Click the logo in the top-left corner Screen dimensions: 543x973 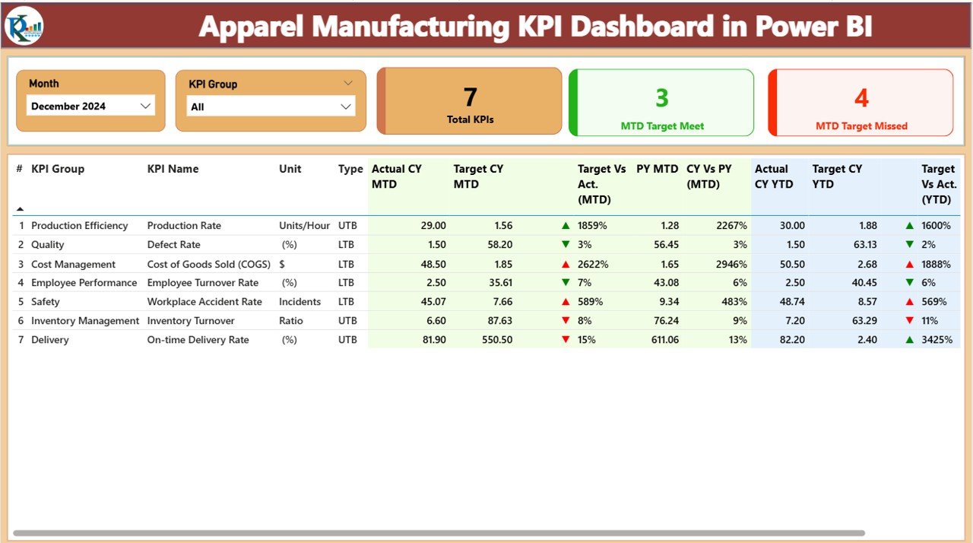click(24, 26)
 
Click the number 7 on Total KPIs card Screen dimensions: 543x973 click(470, 97)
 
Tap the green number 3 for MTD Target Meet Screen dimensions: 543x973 click(661, 98)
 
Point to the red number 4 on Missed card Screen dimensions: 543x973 click(860, 98)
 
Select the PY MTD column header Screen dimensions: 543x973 click(657, 169)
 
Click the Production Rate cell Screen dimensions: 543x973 click(184, 226)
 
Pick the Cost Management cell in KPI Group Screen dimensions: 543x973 click(73, 265)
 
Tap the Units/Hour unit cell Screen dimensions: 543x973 click(304, 226)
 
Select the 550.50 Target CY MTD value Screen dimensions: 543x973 click(497, 340)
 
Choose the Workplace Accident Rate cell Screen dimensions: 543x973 click(204, 302)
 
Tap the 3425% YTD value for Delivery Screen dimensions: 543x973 click(937, 340)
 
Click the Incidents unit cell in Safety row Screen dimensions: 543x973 click(300, 302)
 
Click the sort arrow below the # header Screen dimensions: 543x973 click(20, 208)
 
